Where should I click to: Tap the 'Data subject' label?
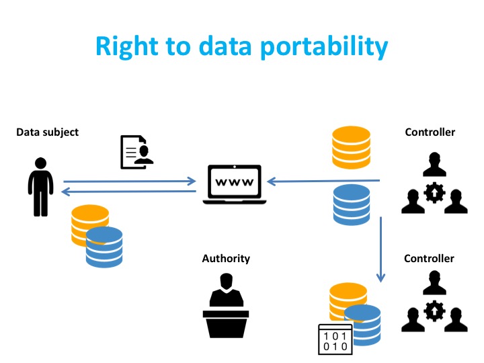pos(47,132)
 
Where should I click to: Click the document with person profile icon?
pos(136,151)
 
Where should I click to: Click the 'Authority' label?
pos(226,259)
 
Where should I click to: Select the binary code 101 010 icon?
pos(334,339)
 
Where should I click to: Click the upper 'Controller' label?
pos(430,132)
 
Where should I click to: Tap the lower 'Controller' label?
pos(430,259)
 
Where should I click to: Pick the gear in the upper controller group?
pos(434,194)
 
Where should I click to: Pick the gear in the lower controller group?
pos(434,311)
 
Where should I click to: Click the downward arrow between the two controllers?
pos(381,249)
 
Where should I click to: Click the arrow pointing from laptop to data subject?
pos(128,192)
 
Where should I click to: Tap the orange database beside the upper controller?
pos(352,147)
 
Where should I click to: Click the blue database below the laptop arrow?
pos(352,204)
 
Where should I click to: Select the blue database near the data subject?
pos(104,247)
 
